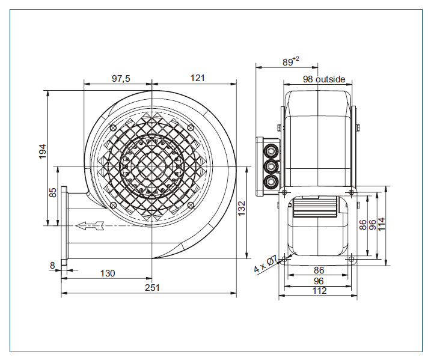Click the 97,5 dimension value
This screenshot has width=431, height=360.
[x=121, y=79]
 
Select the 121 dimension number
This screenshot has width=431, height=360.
[x=197, y=78]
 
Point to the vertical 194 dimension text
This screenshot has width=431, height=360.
[x=43, y=151]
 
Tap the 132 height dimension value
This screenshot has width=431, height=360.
[x=241, y=209]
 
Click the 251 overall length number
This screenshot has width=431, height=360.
[x=152, y=287]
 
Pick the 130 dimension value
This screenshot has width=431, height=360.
[x=108, y=273]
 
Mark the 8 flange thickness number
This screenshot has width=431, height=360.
[x=52, y=266]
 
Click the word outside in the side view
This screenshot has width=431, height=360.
[x=330, y=79]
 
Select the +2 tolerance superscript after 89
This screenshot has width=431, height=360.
[x=296, y=59]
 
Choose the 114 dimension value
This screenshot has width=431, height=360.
[x=382, y=224]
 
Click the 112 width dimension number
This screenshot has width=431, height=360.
[x=319, y=290]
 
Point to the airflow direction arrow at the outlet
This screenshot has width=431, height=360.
[x=90, y=225]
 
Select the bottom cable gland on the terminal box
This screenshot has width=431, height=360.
[x=270, y=182]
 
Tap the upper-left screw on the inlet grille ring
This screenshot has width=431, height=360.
[x=113, y=128]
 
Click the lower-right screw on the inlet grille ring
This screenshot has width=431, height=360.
[x=191, y=205]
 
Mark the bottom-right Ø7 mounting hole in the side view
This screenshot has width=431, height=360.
[x=351, y=259]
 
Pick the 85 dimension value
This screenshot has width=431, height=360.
[x=53, y=192]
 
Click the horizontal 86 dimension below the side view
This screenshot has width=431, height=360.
[x=319, y=270]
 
